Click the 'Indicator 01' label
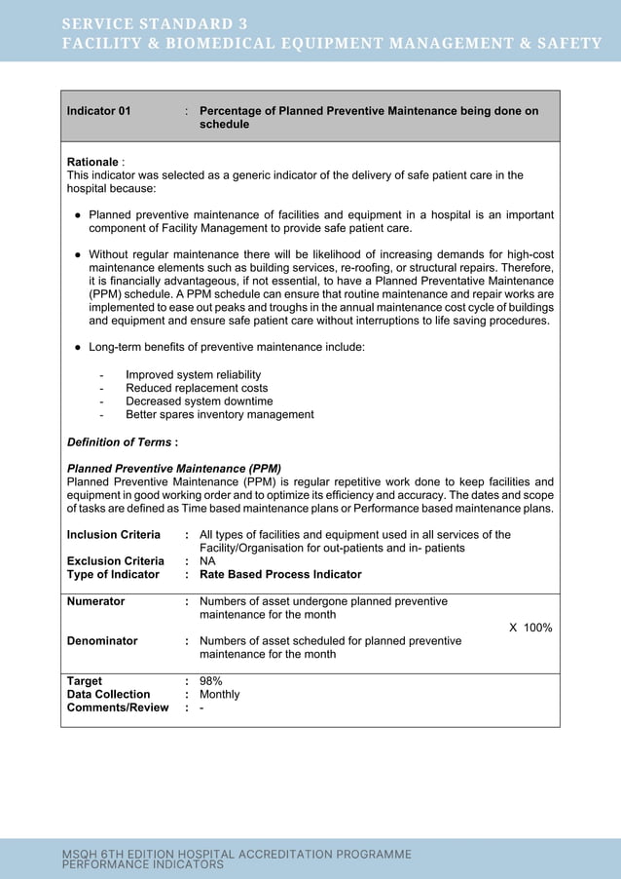[98, 111]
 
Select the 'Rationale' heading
[92, 161]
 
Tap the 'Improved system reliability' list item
[193, 374]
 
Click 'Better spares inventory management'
[219, 415]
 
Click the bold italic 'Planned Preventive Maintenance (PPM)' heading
[173, 468]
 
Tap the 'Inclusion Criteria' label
[113, 534]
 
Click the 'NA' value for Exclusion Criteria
[207, 561]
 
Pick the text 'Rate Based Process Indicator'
[280, 575]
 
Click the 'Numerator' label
[95, 601]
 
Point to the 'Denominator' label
[101, 641]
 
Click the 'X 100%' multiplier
[530, 628]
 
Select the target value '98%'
[211, 681]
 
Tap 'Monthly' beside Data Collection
[219, 695]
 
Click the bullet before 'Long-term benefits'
[77, 348]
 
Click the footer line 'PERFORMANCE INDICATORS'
[143, 864]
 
